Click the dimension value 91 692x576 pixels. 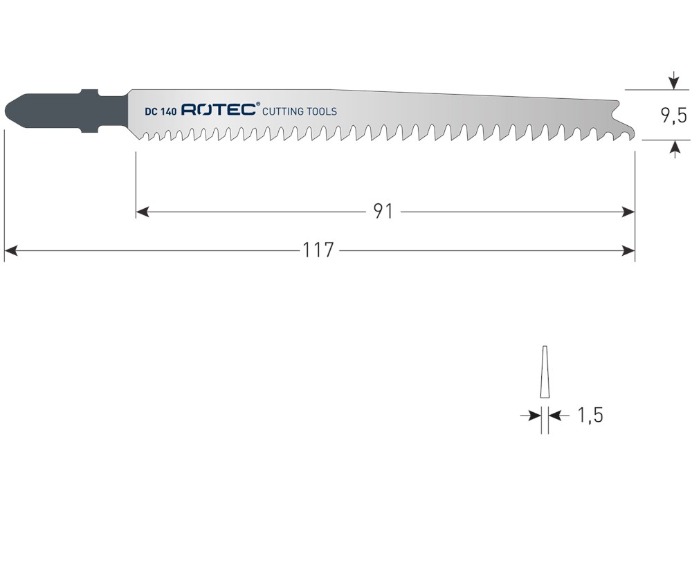point(383,212)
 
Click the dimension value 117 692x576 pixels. point(318,250)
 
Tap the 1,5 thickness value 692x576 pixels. point(590,416)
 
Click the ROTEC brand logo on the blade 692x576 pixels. point(219,110)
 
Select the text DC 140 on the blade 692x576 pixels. point(161,111)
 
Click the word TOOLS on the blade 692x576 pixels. point(322,111)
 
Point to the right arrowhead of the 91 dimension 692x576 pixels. point(628,212)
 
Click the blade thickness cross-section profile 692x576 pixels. point(545,371)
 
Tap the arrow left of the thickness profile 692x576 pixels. point(534,416)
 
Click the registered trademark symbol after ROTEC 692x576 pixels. point(258,105)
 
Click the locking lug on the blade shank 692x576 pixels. point(90,93)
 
